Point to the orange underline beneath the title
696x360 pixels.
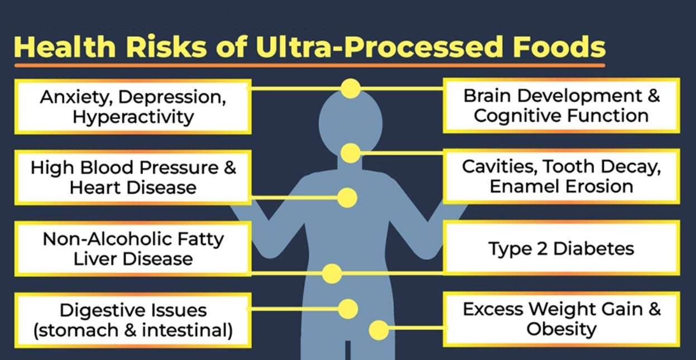(x=310, y=66)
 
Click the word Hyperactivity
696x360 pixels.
(x=133, y=117)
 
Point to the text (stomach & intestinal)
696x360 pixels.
(x=133, y=330)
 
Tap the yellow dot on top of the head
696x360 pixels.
(x=351, y=89)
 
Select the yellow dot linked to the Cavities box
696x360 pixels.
(x=351, y=153)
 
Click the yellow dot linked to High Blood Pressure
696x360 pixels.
(x=347, y=198)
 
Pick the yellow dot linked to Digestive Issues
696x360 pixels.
(x=348, y=309)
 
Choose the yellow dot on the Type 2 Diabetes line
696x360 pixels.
(x=332, y=273)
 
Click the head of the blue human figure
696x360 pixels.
(x=351, y=120)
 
